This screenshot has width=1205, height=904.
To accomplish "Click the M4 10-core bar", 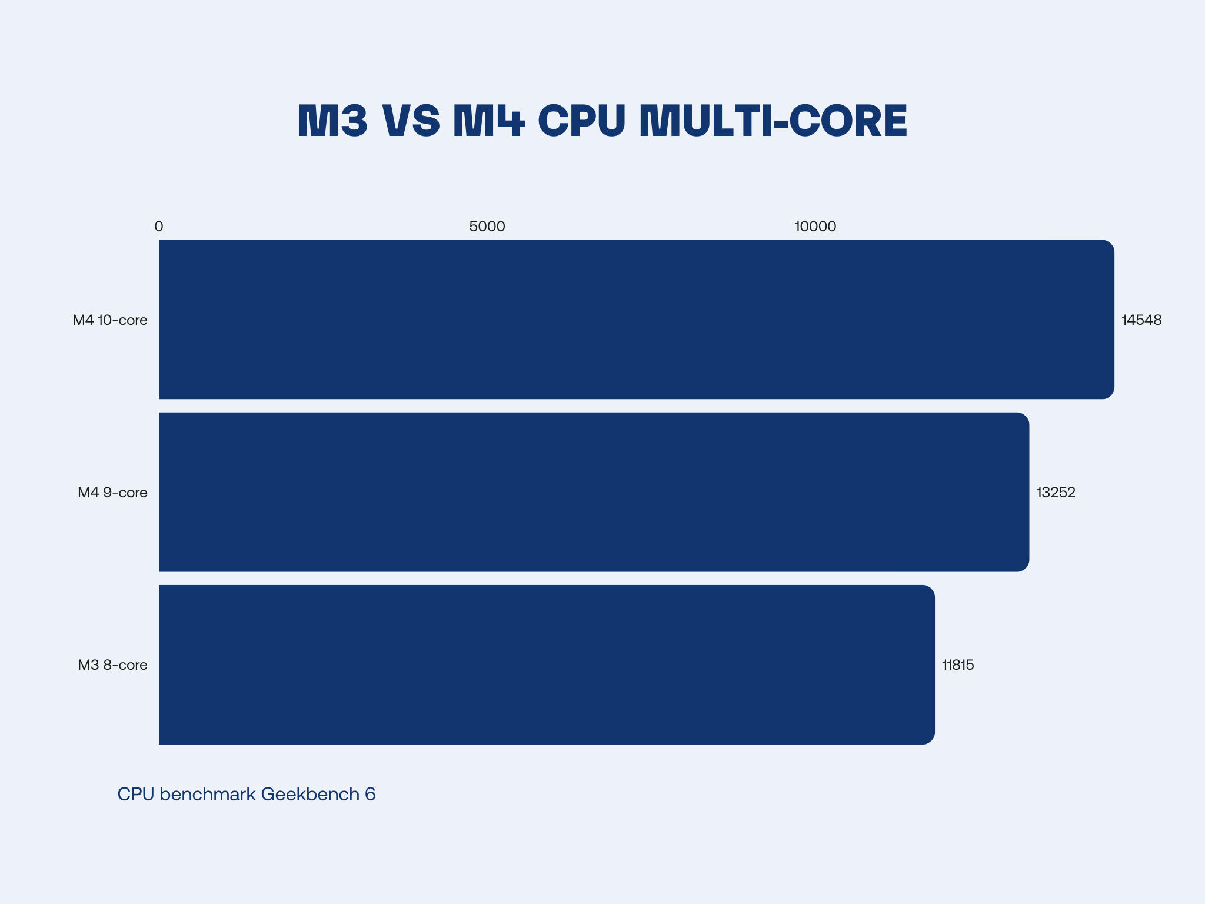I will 635,319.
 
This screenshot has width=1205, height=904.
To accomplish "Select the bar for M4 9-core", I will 593,492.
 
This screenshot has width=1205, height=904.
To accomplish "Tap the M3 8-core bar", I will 546,664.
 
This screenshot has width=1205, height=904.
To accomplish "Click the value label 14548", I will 1141,320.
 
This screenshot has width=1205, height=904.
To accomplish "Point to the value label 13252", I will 1056,493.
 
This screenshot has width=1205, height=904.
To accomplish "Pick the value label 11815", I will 958,665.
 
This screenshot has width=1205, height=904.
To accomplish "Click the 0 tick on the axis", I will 159,227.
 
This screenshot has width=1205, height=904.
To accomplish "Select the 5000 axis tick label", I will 487,227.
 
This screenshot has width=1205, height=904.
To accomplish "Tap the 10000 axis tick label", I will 815,227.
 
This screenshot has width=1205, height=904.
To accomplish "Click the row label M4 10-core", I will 110,320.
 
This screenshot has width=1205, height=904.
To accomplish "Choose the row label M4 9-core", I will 112,493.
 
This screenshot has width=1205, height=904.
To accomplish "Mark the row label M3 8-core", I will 112,665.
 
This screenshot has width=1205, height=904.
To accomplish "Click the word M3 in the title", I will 332,121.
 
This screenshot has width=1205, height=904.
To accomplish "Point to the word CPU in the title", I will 581,121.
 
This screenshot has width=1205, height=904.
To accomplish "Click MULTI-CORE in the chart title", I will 773,121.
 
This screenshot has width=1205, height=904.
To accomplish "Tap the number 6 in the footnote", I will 370,795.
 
